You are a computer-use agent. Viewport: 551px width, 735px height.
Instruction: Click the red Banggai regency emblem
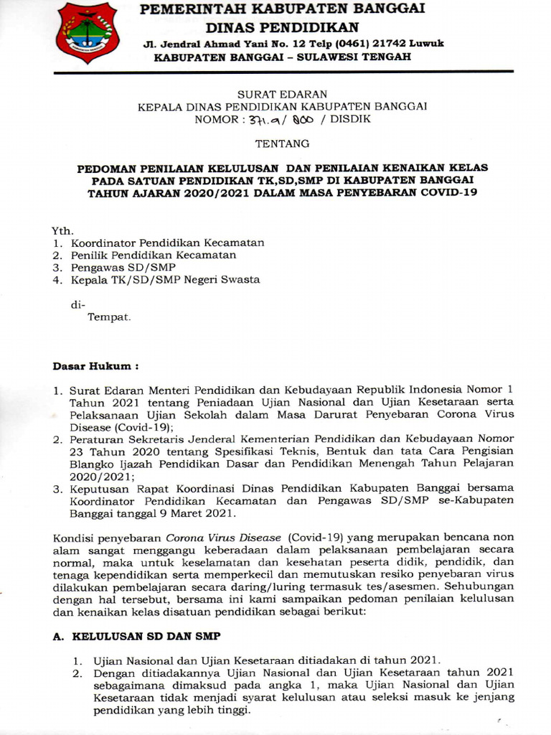pos(88,32)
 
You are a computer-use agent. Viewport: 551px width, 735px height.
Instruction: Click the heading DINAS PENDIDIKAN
pos(282,27)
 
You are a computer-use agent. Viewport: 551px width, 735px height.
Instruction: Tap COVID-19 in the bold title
pos(450,193)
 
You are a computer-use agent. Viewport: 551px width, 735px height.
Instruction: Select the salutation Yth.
pos(62,230)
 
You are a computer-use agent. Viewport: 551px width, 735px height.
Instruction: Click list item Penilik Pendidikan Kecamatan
pos(154,255)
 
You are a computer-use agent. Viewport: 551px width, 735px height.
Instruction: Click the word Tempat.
pos(109,317)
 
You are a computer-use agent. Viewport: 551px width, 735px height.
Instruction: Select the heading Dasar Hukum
pos(95,366)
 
